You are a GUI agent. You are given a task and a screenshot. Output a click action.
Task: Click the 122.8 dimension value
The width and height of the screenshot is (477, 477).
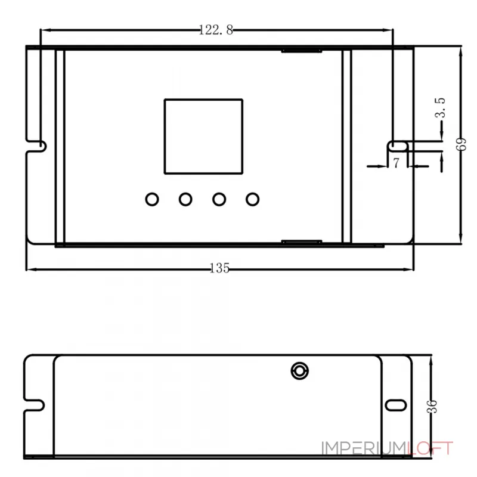215,30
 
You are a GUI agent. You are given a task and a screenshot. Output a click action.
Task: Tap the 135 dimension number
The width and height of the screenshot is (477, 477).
219,268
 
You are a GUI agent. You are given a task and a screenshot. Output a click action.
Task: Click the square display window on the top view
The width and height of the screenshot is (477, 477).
203,136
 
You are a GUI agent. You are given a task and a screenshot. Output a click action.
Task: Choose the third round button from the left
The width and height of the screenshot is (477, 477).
220,199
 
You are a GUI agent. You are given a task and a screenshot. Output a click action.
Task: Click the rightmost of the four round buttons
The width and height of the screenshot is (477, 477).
253,199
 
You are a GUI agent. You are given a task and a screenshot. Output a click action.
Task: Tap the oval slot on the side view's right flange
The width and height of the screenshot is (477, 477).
394,405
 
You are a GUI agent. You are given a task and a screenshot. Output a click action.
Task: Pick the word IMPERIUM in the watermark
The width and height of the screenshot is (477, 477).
364,448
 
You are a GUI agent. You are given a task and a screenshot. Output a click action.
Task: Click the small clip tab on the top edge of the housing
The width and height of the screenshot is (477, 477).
301,51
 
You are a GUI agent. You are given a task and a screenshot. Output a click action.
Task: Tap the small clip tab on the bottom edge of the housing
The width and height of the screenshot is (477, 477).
301,241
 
